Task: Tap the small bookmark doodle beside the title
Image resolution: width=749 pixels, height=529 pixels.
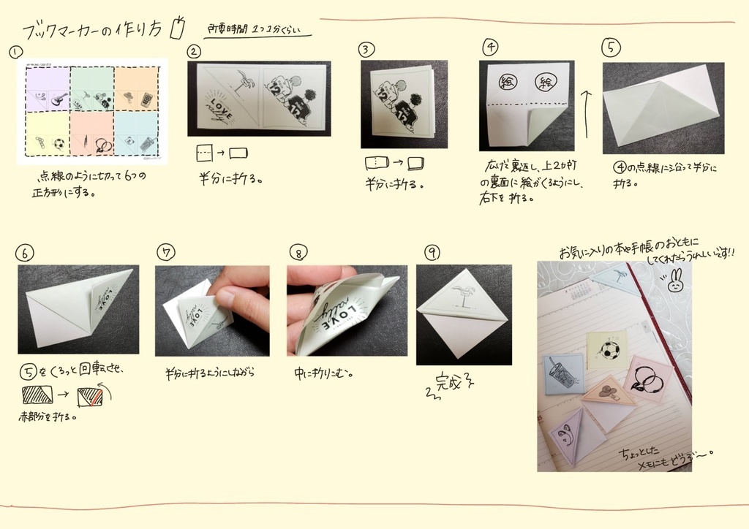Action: [x=175, y=28]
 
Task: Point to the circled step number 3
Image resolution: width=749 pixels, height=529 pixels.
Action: [x=366, y=50]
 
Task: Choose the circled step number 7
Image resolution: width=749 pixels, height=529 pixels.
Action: [x=166, y=253]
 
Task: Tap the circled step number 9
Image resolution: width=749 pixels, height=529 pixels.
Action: [x=432, y=253]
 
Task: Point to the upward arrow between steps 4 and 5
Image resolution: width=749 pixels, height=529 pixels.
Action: [x=585, y=110]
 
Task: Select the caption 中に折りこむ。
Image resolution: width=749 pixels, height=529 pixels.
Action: [x=324, y=373]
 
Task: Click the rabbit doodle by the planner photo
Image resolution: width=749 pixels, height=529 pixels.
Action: [x=675, y=281]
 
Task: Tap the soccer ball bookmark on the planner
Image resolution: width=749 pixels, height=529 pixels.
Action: [x=606, y=350]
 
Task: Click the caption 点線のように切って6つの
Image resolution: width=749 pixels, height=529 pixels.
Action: [x=95, y=178]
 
